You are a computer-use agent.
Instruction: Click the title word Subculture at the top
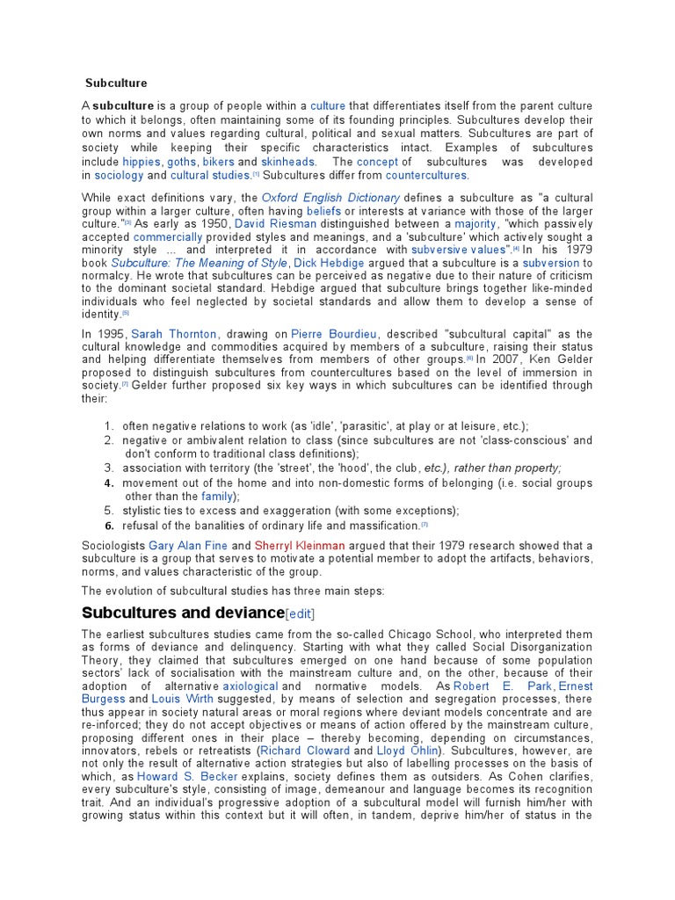(116, 83)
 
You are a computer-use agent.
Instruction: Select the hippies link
(141, 163)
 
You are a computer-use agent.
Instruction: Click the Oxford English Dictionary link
(330, 199)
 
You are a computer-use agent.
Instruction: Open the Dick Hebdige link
(326, 264)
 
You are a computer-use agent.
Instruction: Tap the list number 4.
(109, 483)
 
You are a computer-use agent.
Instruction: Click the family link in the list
(216, 497)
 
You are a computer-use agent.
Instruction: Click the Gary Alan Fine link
(188, 546)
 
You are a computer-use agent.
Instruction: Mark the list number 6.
(109, 526)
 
